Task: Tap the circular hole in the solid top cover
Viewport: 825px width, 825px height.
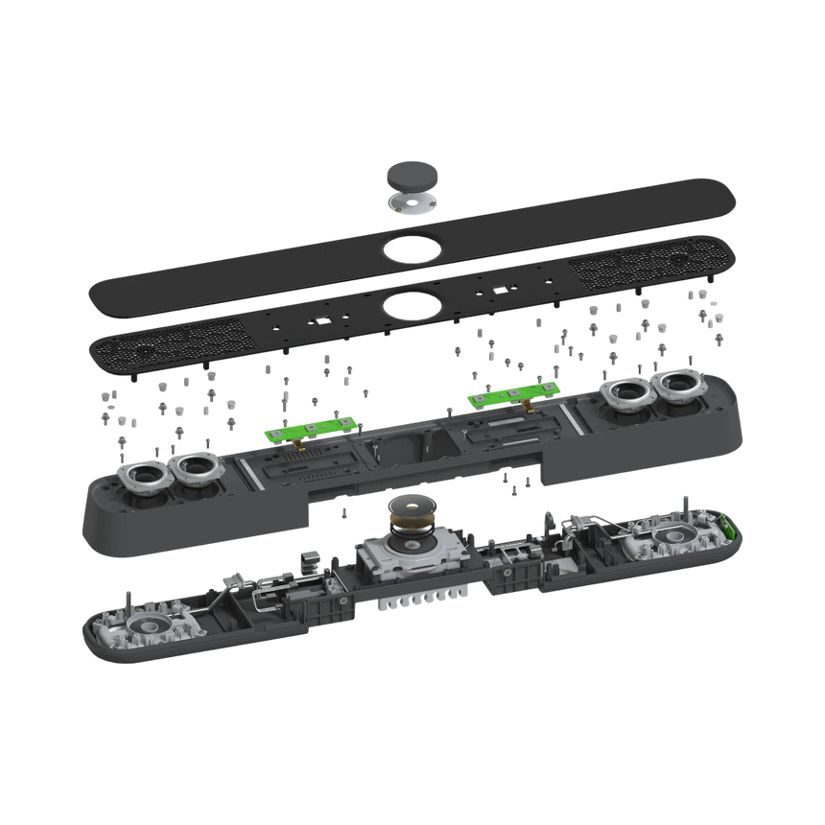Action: (410, 248)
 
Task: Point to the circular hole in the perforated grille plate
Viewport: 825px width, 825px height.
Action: (409, 307)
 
